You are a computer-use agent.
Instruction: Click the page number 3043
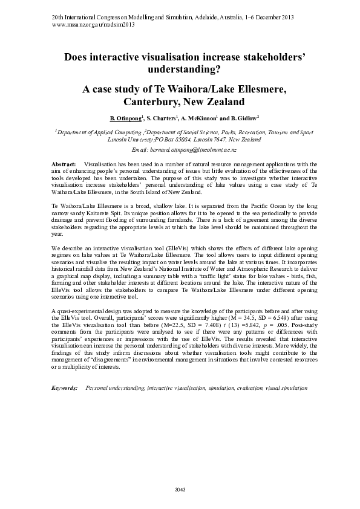pyautogui.click(x=180, y=489)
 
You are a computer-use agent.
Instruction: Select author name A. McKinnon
pyautogui.click(x=196, y=118)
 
